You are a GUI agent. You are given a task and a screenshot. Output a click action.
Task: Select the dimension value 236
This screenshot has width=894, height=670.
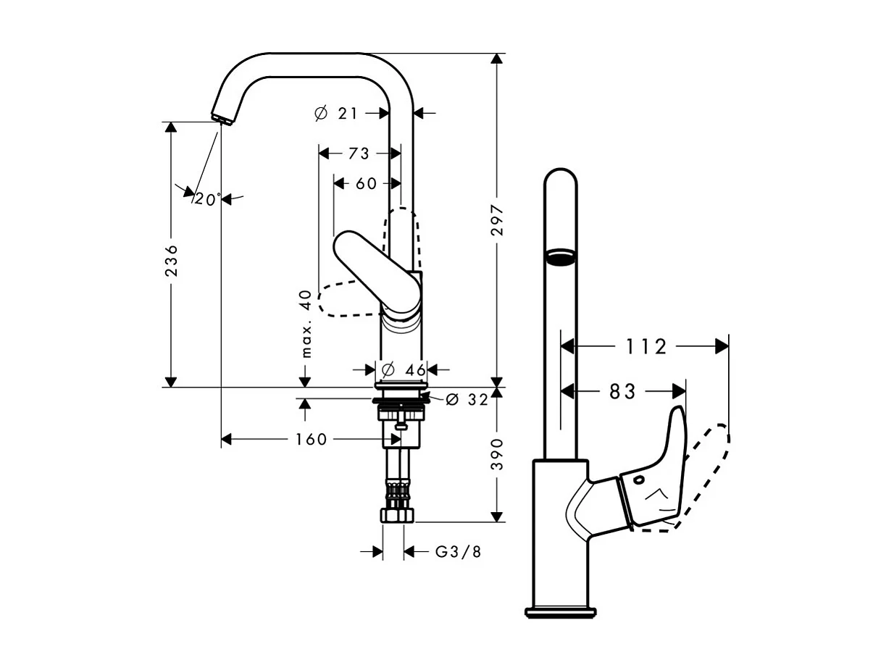(172, 260)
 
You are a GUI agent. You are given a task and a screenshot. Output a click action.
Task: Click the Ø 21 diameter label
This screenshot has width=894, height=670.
(336, 113)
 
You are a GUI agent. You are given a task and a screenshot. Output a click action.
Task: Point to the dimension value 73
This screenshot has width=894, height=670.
(359, 154)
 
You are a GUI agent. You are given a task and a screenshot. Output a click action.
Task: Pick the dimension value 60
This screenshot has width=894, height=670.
(367, 184)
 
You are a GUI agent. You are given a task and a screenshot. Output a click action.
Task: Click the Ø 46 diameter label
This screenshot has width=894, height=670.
(404, 370)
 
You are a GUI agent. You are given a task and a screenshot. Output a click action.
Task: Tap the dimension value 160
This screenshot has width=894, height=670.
(312, 440)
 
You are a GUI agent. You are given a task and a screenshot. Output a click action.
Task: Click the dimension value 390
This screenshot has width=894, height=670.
(497, 454)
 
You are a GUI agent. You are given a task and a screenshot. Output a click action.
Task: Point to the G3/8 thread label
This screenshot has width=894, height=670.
(458, 552)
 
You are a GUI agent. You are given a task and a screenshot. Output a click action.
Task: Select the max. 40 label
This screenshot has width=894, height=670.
(306, 324)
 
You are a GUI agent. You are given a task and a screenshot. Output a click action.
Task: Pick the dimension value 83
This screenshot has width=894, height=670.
(622, 392)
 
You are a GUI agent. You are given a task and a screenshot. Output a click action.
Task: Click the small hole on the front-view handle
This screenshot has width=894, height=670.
(639, 480)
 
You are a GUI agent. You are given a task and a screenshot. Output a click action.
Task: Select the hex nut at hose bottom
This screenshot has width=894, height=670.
(397, 516)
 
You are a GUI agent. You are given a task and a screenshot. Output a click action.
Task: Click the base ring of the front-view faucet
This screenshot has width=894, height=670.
(561, 612)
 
